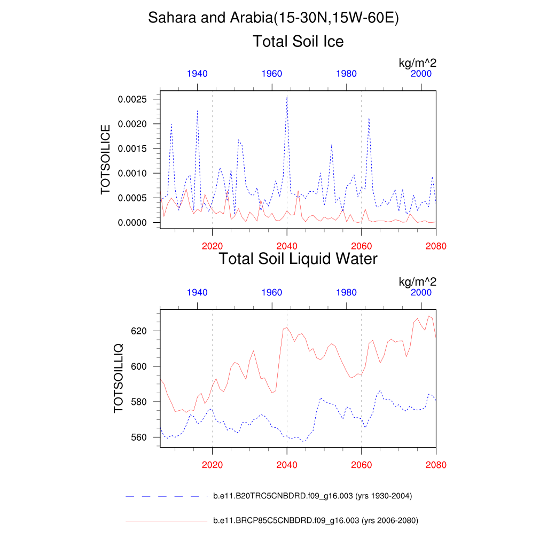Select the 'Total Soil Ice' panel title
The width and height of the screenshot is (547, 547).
298,41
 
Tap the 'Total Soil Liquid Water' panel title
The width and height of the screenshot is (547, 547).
298,259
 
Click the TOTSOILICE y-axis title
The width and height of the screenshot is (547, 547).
106,159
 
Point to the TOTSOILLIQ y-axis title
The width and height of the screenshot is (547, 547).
119,378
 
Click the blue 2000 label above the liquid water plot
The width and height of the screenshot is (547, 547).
421,293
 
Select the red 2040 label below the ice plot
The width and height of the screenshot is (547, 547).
287,246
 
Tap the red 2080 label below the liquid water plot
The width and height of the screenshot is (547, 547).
436,465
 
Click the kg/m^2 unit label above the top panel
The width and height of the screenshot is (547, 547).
418,63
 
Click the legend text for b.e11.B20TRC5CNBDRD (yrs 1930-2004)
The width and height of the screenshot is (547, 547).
312,496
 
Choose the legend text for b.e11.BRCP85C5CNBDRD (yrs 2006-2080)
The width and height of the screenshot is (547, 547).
315,520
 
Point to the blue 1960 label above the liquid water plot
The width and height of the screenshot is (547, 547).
272,293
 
